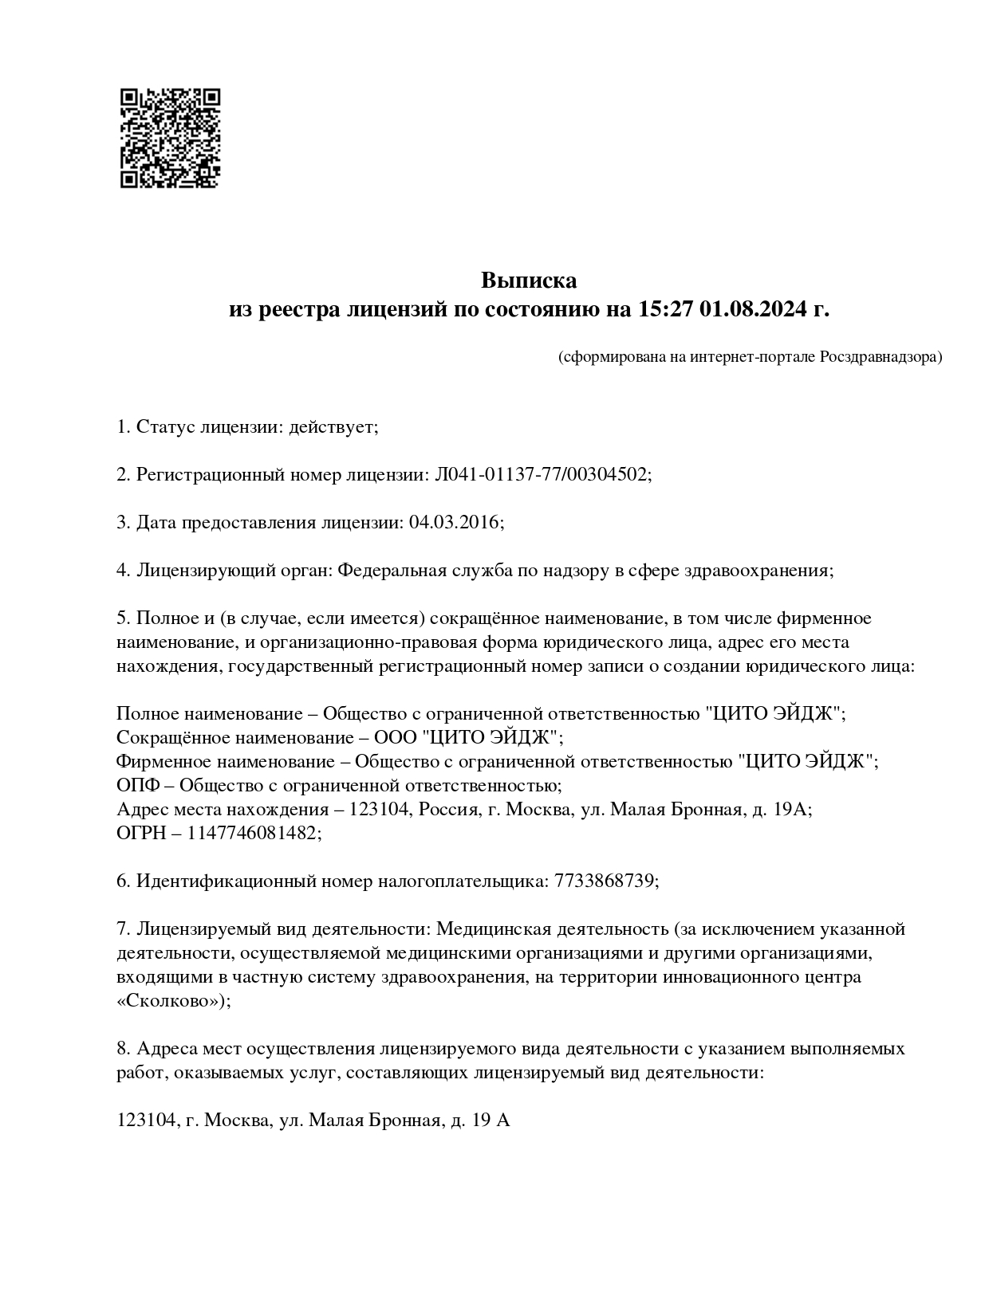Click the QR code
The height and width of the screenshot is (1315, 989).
pos(170,138)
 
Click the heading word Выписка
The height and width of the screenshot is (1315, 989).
pos(528,281)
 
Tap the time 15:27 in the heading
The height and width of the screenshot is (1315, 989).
pos(666,309)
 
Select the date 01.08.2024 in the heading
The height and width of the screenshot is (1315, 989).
pos(754,309)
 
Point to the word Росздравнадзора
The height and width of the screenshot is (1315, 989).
pos(880,356)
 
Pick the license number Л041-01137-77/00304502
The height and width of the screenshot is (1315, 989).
pos(542,475)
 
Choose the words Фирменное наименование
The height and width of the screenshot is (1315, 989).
pos(226,762)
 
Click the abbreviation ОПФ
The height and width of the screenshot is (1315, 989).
pos(136,786)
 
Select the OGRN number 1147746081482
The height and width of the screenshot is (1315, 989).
pos(253,834)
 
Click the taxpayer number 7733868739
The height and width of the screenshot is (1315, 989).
pos(605,881)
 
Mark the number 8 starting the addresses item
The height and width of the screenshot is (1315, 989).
pos(122,1049)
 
